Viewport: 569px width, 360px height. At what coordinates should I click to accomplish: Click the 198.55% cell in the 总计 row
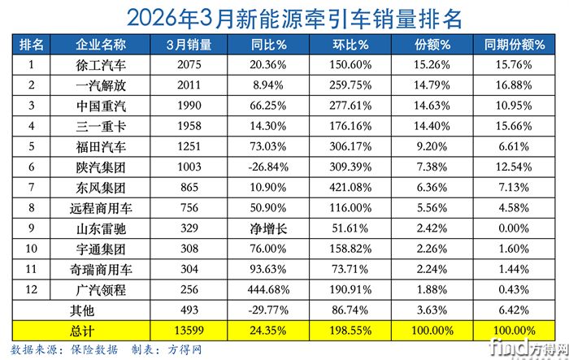point(351,330)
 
